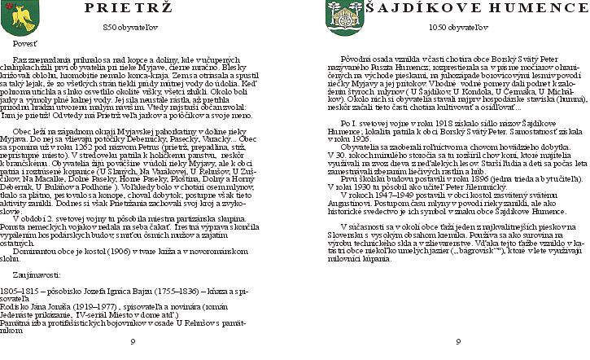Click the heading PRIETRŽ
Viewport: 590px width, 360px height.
[x=131, y=9]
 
